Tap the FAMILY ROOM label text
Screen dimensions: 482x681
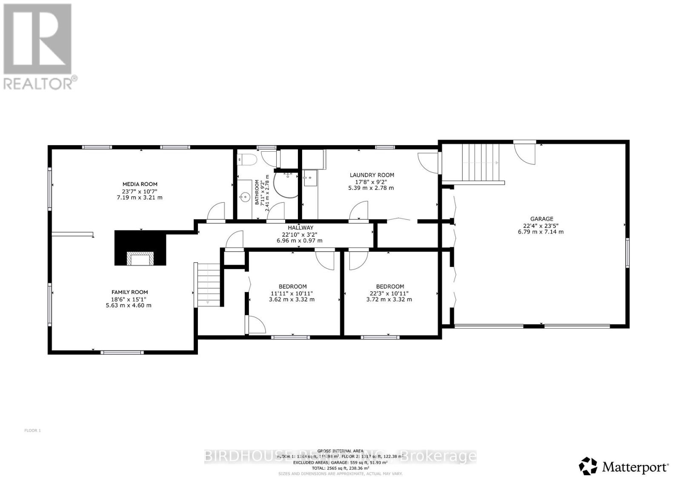(x=129, y=292)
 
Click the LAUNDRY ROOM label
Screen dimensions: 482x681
(x=372, y=175)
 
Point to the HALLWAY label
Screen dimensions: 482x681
(x=300, y=228)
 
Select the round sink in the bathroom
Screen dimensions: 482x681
(x=244, y=197)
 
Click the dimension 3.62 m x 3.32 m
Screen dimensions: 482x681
(x=292, y=299)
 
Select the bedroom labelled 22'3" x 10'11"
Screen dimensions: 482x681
(x=390, y=293)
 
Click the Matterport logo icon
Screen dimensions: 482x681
(x=589, y=466)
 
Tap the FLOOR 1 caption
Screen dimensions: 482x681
(x=33, y=430)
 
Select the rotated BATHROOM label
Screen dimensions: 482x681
(x=257, y=192)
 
